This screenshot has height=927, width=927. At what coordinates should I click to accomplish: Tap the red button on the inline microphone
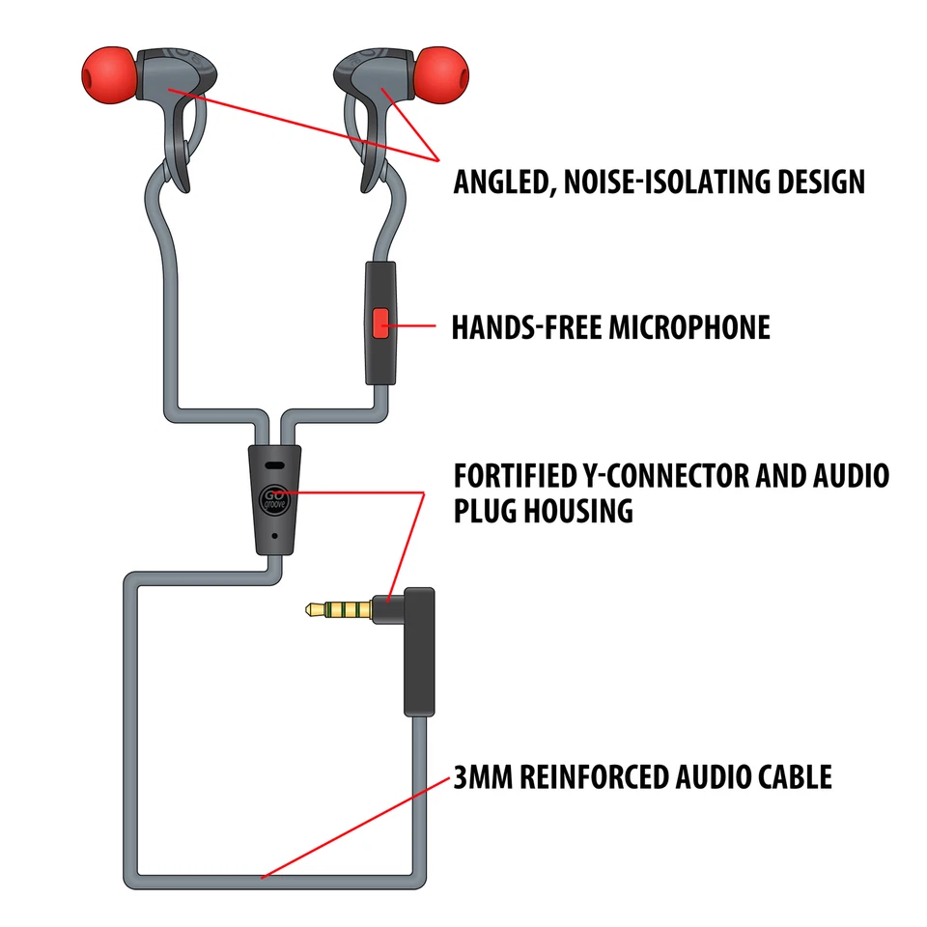click(x=380, y=323)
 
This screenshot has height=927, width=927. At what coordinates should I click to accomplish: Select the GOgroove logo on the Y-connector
click(x=275, y=499)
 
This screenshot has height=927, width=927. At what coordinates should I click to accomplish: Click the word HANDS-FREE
click(x=528, y=327)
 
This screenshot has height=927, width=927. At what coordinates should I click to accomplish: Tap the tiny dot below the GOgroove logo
click(x=276, y=534)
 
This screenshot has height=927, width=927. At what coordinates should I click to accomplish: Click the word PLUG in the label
click(x=488, y=511)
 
